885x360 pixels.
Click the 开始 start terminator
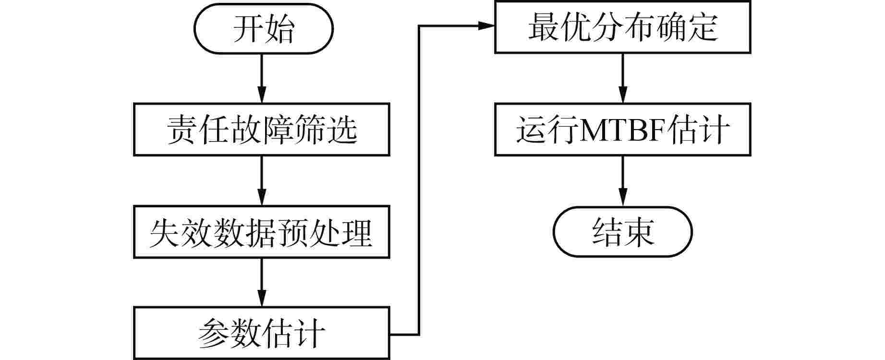tap(263, 28)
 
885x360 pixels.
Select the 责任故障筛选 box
tap(262, 129)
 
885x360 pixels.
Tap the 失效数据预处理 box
tap(262, 232)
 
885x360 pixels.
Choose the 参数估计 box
tap(262, 333)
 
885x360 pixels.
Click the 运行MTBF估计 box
tap(623, 129)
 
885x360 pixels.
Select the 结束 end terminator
tap(623, 232)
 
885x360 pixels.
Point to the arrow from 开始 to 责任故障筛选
tap(262, 78)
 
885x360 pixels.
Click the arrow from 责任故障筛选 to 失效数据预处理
tap(262, 181)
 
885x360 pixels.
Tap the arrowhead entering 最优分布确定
tap(487, 26)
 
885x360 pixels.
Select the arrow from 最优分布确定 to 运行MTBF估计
tap(623, 78)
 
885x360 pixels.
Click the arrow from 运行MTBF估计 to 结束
tap(623, 181)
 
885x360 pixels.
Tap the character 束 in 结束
tap(639, 232)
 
